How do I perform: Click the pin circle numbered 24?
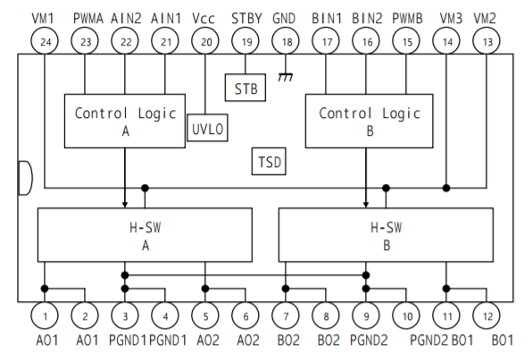tap(45, 41)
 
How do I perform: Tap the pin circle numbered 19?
tap(245, 41)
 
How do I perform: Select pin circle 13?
tap(486, 41)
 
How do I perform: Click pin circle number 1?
tap(45, 315)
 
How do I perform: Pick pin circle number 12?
tap(486, 315)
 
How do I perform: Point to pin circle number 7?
tap(286, 315)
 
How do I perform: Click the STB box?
tap(245, 88)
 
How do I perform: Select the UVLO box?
tap(207, 128)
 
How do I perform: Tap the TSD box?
tap(269, 162)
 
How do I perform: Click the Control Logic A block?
tap(125, 121)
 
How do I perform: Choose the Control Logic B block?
tap(370, 121)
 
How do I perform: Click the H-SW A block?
tap(145, 235)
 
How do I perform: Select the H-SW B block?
tap(386, 235)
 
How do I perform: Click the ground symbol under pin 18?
tap(286, 77)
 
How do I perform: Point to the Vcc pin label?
tap(204, 19)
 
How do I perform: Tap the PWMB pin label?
tap(407, 19)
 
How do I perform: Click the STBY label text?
tap(246, 19)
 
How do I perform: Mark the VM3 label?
tap(451, 19)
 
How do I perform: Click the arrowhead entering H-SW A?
tap(125, 204)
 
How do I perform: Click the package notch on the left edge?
tap(26, 178)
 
